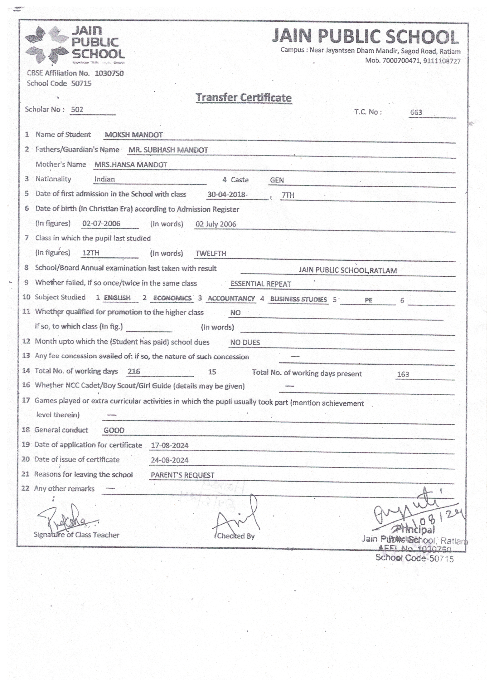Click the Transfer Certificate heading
[243, 97]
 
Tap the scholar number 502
[77, 110]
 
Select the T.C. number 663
[416, 112]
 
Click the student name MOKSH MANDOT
[133, 135]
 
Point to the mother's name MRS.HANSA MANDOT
[131, 165]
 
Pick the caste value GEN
[277, 180]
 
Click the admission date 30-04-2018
[226, 195]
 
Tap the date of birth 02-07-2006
[101, 224]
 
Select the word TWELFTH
[211, 254]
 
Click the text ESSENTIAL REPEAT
[260, 284]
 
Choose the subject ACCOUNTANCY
[231, 299]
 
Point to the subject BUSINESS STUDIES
[298, 299]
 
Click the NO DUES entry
[245, 342]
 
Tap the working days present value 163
[403, 374]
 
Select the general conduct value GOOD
[114, 430]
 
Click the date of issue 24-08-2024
[169, 460]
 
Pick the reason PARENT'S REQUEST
[182, 475]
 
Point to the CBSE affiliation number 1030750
[109, 73]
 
